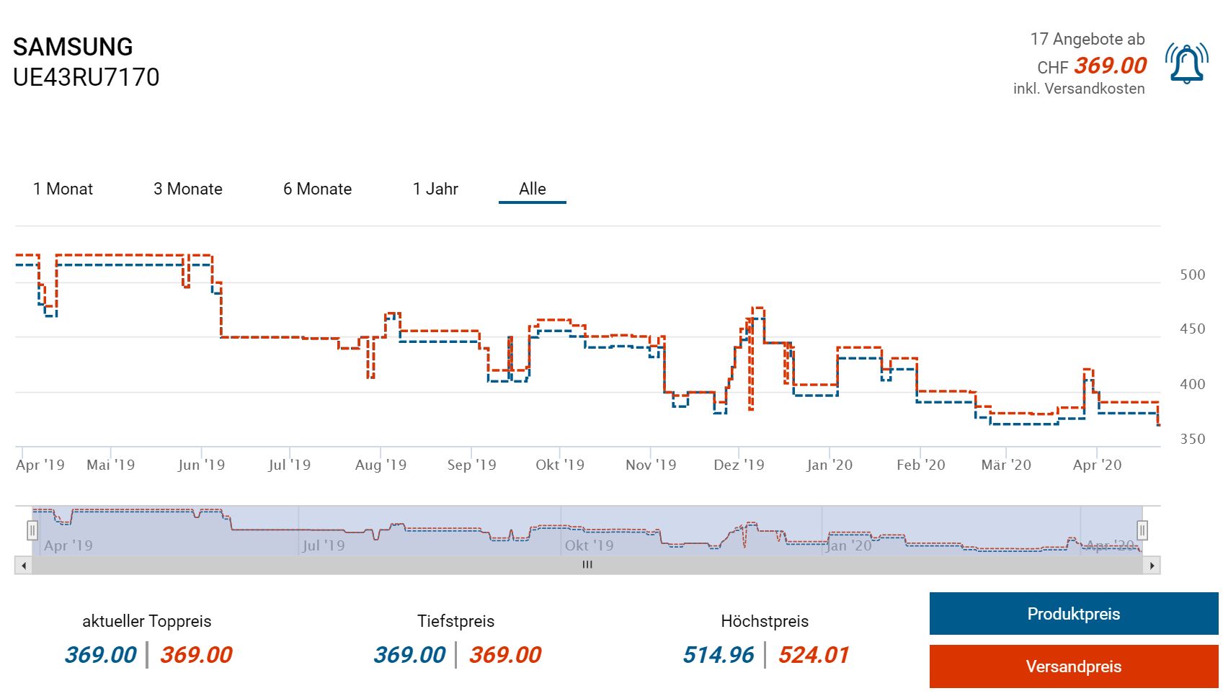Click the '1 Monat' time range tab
(x=63, y=189)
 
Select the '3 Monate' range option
(x=187, y=189)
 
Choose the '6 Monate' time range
(x=317, y=189)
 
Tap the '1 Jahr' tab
(x=435, y=189)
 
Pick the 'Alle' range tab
(x=533, y=189)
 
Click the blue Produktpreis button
(x=1073, y=614)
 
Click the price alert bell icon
(x=1187, y=64)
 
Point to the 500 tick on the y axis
(x=1192, y=275)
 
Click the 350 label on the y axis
(x=1192, y=439)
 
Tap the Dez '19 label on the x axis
(x=739, y=465)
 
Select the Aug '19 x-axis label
(x=381, y=465)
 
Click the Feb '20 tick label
(x=920, y=465)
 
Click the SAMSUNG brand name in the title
(x=73, y=47)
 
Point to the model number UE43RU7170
(x=86, y=77)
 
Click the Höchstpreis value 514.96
(x=718, y=654)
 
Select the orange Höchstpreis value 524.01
(x=814, y=654)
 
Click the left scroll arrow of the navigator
(x=24, y=566)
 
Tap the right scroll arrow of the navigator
(x=1152, y=566)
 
